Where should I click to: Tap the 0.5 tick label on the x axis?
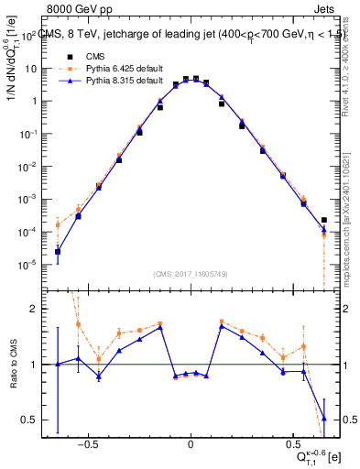pos(293,441)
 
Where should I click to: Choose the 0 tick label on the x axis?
pos(190,441)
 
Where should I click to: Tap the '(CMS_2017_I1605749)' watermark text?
pos(190,274)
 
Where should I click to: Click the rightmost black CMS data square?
pos(324,220)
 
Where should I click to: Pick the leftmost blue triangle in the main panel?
pos(57,251)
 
